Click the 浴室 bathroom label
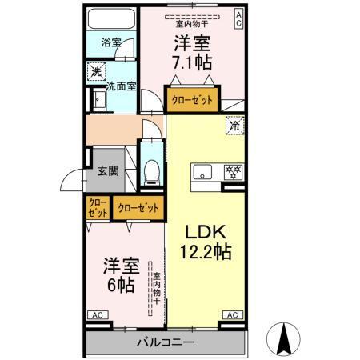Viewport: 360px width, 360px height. pyautogui.click(x=110, y=42)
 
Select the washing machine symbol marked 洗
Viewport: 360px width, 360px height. pyautogui.click(x=94, y=71)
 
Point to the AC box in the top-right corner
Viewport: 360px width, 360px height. pyautogui.click(x=238, y=18)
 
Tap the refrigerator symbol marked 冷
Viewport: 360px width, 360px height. pyautogui.click(x=234, y=125)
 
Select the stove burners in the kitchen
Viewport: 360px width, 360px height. pyautogui.click(x=234, y=171)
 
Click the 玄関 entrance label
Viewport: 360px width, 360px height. pyautogui.click(x=108, y=170)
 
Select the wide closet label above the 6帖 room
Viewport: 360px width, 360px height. pyautogui.click(x=138, y=208)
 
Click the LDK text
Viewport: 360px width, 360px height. pyautogui.click(x=207, y=233)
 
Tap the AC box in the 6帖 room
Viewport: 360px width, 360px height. pyautogui.click(x=97, y=315)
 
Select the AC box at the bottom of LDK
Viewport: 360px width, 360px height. pyautogui.click(x=231, y=315)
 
